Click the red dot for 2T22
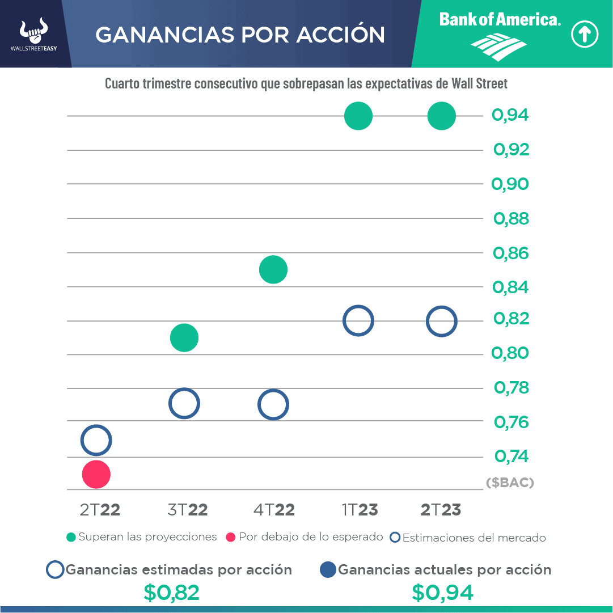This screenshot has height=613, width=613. click(96, 474)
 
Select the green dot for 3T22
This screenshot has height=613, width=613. click(184, 338)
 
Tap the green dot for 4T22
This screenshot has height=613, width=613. click(273, 269)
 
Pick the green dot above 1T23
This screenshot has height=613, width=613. click(358, 116)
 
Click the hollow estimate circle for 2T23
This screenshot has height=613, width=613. click(441, 321)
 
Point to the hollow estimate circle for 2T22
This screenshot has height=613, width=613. click(96, 440)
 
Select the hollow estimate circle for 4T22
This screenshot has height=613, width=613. click(273, 404)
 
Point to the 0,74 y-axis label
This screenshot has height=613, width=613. click(511, 456)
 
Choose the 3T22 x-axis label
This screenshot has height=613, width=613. click(188, 510)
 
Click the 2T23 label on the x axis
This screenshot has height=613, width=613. click(441, 510)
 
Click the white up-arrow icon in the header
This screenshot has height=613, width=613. click(585, 35)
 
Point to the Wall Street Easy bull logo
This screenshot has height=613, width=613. click(33, 32)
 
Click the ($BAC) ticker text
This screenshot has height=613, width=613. click(510, 483)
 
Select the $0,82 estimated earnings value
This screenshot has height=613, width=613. click(171, 593)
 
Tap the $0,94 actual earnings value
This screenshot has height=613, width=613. click(442, 593)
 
